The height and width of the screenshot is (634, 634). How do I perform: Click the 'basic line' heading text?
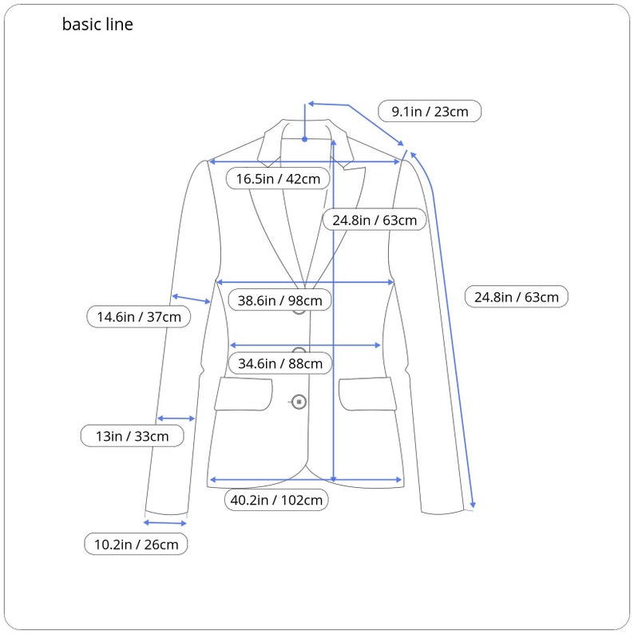(x=97, y=25)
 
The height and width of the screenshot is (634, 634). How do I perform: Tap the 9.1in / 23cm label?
(x=430, y=111)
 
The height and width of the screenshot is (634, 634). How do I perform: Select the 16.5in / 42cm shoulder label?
(x=278, y=179)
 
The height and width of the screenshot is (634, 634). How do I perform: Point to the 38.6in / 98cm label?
(x=279, y=300)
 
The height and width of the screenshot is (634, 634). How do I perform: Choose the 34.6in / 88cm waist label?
(x=279, y=363)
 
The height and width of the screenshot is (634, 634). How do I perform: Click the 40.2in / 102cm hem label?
(x=276, y=501)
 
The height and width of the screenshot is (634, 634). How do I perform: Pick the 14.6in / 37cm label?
(x=139, y=317)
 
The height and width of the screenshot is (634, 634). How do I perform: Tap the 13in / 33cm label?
(x=133, y=436)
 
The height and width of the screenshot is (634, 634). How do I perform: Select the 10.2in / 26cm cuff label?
(x=137, y=545)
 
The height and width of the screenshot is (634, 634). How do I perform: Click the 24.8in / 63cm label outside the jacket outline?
(x=517, y=297)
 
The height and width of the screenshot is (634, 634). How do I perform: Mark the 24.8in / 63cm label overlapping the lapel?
(x=374, y=220)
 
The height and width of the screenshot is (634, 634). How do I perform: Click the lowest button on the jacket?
(x=299, y=402)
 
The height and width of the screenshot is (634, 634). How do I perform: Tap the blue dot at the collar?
(x=304, y=139)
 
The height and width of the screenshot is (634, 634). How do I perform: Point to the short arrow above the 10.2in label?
(x=164, y=523)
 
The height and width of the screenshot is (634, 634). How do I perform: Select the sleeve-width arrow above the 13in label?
(x=176, y=418)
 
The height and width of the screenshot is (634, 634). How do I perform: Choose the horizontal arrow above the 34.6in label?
(x=305, y=345)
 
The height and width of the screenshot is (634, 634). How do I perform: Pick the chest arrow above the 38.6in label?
(x=305, y=282)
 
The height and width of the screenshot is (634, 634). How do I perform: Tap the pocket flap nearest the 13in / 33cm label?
(x=244, y=394)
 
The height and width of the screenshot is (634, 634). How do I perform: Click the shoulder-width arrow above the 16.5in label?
(x=304, y=161)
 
